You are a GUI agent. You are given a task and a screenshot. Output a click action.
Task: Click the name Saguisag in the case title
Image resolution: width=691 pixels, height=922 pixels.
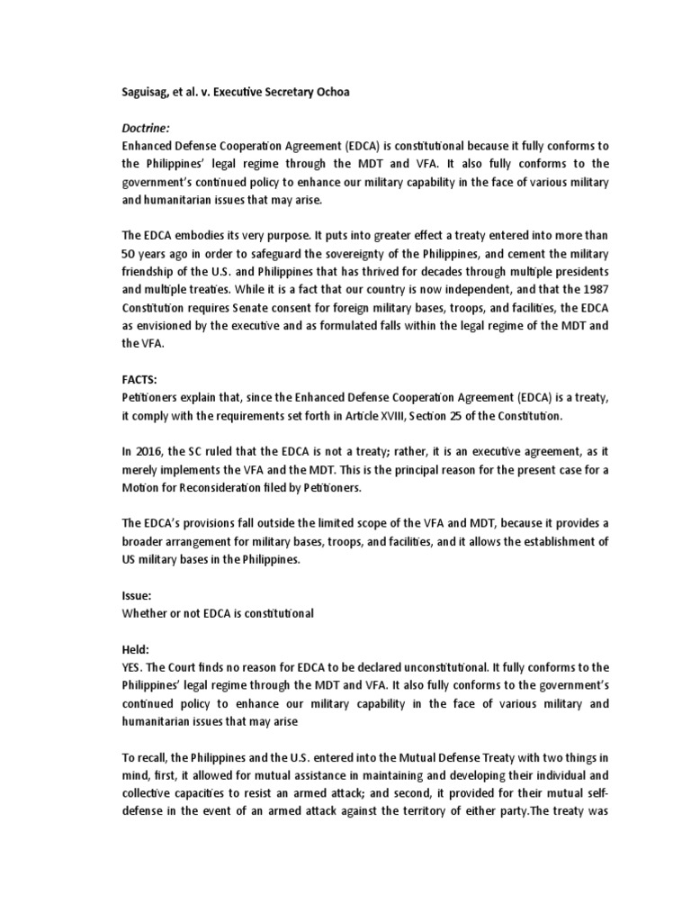click(148, 92)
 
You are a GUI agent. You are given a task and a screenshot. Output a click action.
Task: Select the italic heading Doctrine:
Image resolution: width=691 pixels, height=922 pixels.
click(148, 129)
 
